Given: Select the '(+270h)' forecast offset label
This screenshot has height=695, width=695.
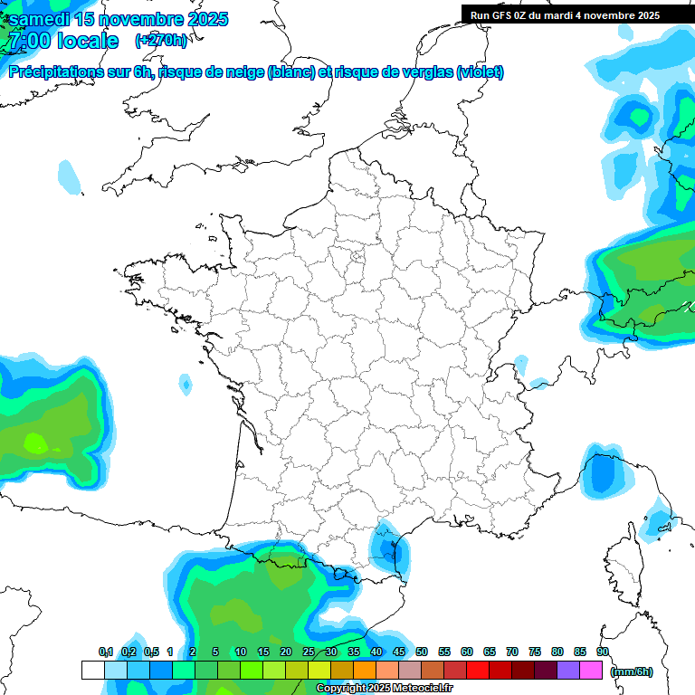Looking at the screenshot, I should point(162,41).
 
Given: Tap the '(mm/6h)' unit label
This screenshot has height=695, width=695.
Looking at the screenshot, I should point(632,671).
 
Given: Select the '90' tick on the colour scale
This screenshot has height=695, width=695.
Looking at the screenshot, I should point(603,652).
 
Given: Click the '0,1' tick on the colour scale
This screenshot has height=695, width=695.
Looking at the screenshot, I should point(105,652).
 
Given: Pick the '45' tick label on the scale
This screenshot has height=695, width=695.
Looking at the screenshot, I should point(399,652).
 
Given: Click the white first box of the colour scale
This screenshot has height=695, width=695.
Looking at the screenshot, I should point(92,671).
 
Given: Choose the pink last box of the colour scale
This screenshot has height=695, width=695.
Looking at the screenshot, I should point(591,671).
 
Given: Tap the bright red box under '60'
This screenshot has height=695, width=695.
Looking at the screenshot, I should point(478,671).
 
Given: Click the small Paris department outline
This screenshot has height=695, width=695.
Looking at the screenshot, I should point(357,257).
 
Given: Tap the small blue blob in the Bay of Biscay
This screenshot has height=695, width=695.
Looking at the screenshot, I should point(186,386).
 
